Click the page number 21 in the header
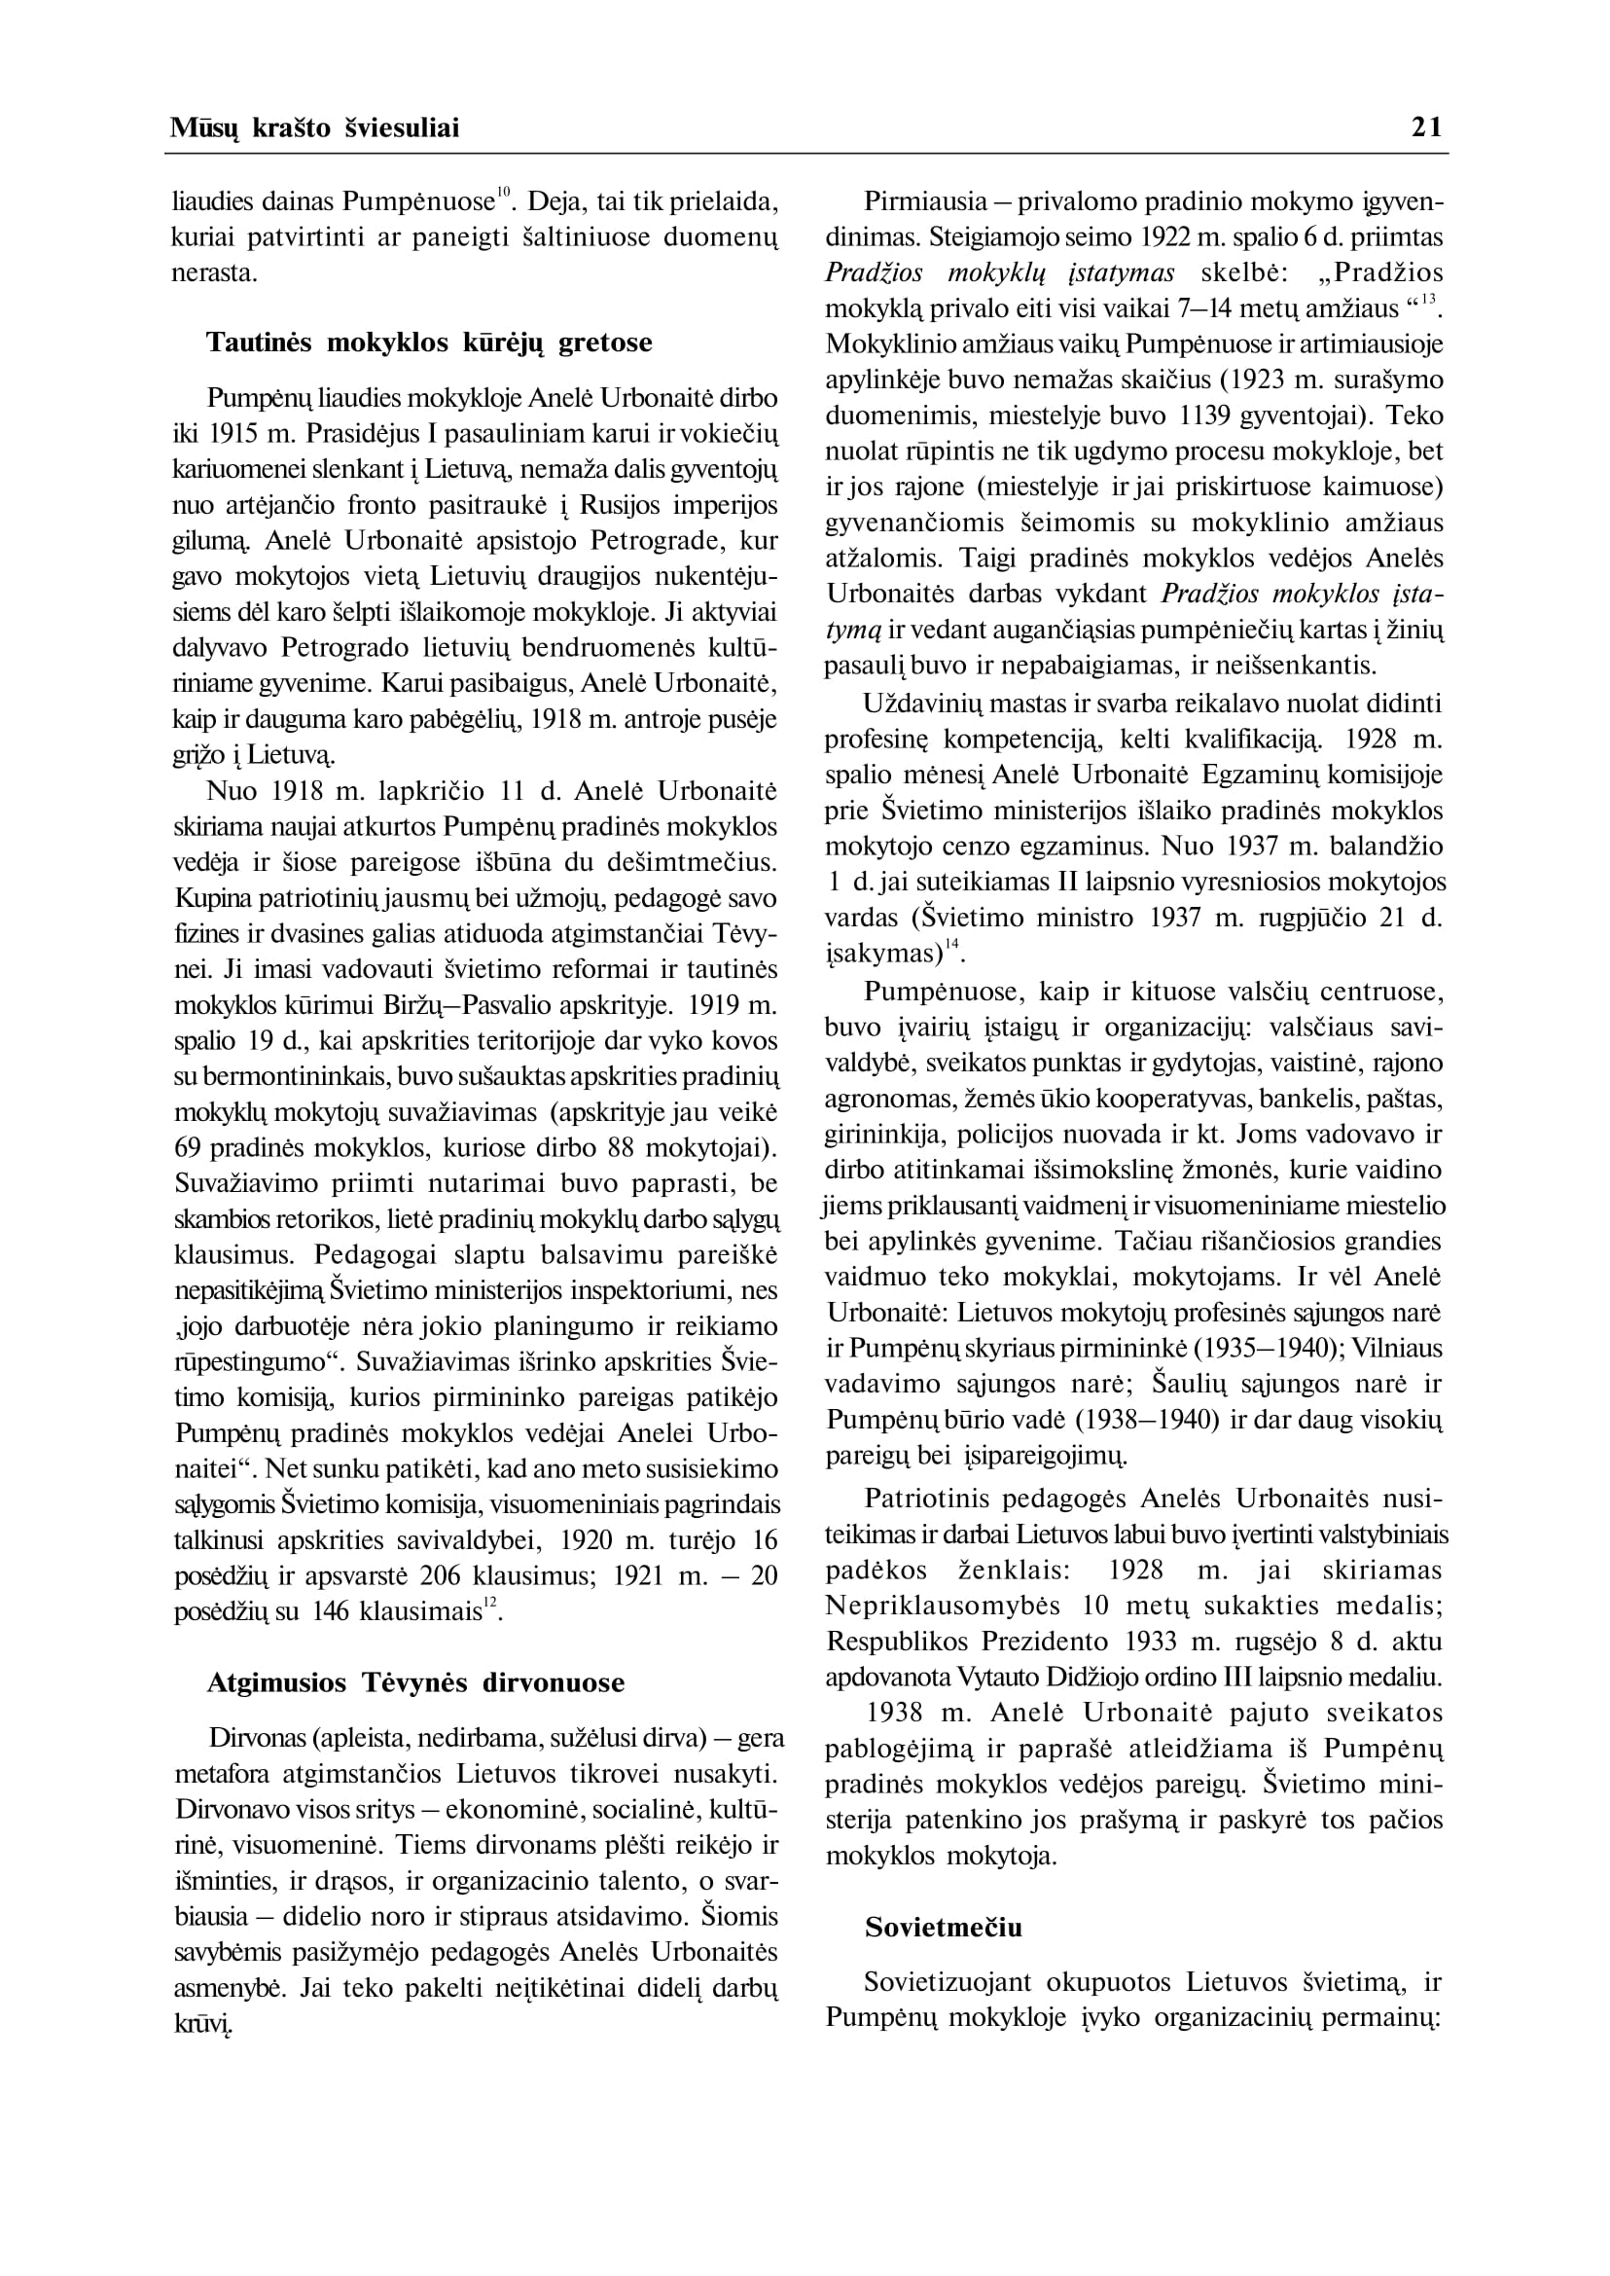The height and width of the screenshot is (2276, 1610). [1426, 126]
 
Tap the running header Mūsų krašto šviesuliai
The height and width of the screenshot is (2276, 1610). [314, 127]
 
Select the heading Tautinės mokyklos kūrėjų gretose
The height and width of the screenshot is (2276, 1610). [429, 343]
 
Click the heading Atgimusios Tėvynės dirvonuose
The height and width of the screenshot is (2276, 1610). [415, 1682]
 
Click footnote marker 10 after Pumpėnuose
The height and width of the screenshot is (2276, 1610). [504, 193]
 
